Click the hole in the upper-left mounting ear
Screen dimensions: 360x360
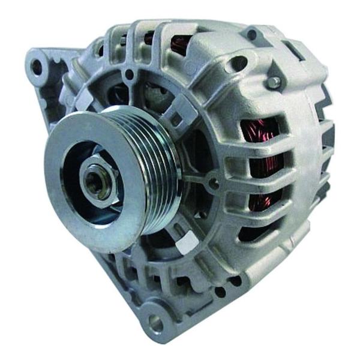(x=37, y=66)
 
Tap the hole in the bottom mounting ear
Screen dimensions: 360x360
(x=155, y=324)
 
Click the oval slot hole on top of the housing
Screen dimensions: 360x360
(x=239, y=62)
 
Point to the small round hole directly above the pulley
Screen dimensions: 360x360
(x=129, y=74)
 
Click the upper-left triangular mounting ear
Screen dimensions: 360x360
(x=45, y=72)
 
